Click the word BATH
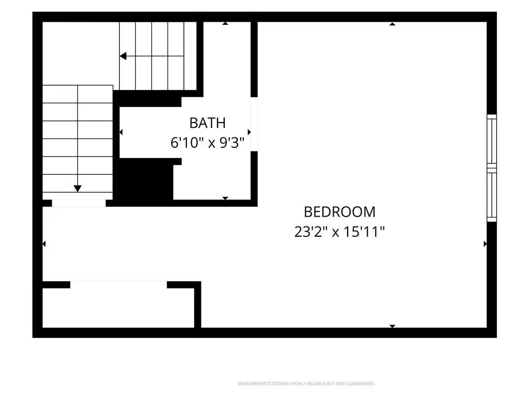(x=208, y=123)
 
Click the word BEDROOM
(x=339, y=212)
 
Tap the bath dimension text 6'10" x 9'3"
(x=207, y=143)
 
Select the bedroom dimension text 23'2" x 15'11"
(x=339, y=232)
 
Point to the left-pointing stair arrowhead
(x=123, y=56)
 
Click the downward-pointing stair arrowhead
(x=77, y=189)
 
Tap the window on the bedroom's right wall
(x=492, y=168)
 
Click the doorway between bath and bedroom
(x=254, y=124)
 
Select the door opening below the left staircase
(x=79, y=203)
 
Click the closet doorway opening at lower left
(x=118, y=285)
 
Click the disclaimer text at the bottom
(x=306, y=384)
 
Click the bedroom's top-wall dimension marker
(x=392, y=24)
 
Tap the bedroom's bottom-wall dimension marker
(x=392, y=326)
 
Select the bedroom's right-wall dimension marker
(x=485, y=244)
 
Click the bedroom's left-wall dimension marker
(x=44, y=244)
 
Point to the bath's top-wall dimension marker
(x=225, y=23)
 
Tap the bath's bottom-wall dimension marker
(x=225, y=198)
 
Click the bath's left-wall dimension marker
(x=121, y=132)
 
